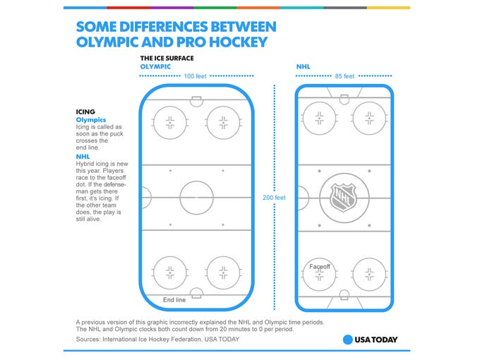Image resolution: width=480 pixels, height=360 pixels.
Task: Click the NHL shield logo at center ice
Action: [x=344, y=198]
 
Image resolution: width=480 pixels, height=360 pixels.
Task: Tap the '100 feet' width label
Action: [x=195, y=76]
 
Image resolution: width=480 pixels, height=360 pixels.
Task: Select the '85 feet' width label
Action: [x=344, y=76]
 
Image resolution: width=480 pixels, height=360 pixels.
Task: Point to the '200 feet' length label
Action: [x=274, y=198]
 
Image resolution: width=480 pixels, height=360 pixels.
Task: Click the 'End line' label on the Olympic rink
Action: [x=174, y=300]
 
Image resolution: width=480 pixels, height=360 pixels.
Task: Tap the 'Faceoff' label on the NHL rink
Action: [x=320, y=267]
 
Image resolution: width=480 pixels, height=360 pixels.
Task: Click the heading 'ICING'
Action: [x=85, y=112]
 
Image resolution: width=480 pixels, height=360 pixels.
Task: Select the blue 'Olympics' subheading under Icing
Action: [x=91, y=120]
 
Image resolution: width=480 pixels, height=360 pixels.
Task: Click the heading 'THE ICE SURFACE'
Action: [x=167, y=58]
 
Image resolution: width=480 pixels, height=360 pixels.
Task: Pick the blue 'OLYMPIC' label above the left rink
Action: [x=155, y=67]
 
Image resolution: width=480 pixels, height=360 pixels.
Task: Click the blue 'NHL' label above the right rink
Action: [x=304, y=67]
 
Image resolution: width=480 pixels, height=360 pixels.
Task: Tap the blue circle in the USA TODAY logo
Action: [x=348, y=340]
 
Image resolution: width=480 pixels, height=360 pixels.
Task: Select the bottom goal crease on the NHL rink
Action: [x=344, y=294]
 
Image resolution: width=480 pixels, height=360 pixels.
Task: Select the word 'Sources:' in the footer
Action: [x=88, y=340]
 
